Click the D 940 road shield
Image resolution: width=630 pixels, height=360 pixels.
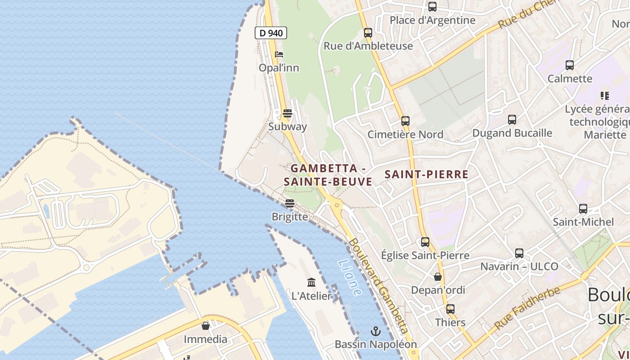click(271, 33)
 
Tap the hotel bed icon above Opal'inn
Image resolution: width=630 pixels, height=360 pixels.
click(279, 54)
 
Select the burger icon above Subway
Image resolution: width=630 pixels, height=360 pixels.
click(288, 113)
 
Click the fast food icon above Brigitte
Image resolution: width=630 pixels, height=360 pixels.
click(290, 203)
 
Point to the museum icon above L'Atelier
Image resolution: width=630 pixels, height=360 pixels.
click(311, 282)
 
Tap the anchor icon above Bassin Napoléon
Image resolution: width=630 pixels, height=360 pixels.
click(375, 331)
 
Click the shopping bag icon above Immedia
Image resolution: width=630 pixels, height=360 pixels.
click(206, 325)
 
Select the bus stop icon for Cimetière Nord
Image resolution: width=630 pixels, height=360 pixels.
click(405, 121)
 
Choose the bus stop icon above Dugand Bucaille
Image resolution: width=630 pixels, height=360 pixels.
click(512, 119)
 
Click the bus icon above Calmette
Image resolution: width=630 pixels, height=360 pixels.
click(570, 65)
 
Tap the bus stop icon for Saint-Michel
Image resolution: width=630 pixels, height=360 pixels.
click(583, 208)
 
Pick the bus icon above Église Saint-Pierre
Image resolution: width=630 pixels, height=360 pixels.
click(425, 242)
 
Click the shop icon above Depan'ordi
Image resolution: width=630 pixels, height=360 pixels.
click(438, 276)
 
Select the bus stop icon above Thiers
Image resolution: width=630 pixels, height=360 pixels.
click(450, 309)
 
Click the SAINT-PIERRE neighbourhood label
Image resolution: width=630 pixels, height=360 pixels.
click(427, 175)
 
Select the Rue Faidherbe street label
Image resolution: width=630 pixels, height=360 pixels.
click(527, 307)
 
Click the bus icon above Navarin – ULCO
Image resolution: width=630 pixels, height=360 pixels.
click(519, 253)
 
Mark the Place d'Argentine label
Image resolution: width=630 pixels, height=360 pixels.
click(432, 20)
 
